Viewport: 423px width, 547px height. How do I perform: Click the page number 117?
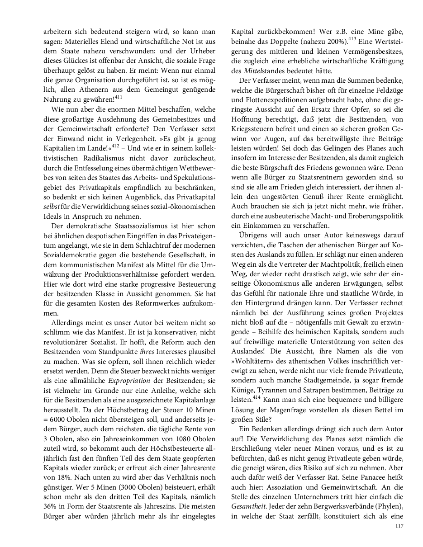click(399, 525)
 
